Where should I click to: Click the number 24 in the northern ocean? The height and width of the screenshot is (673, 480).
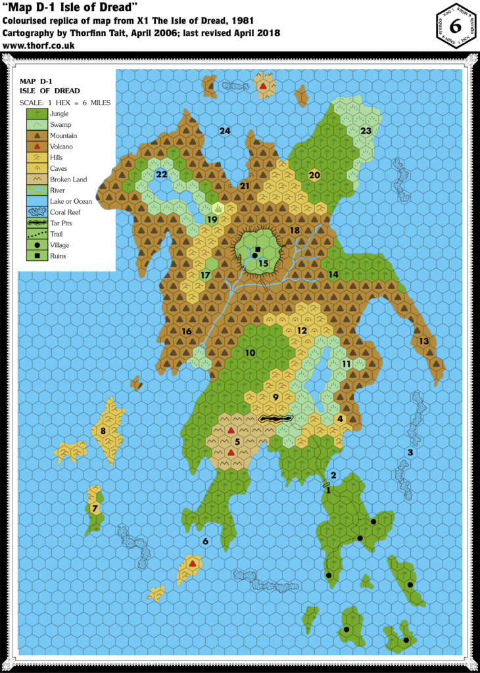tap(225, 131)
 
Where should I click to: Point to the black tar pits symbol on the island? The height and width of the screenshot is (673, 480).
tap(276, 418)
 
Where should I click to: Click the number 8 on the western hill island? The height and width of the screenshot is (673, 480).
tap(103, 431)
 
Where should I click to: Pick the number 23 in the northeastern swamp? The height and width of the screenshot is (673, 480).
tap(366, 131)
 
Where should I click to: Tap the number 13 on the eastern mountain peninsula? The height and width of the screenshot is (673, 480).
tap(424, 341)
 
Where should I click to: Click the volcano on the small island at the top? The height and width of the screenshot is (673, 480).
tap(263, 86)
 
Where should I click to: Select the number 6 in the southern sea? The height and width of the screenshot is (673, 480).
tap(206, 542)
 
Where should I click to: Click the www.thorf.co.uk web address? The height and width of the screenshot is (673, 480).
tap(39, 46)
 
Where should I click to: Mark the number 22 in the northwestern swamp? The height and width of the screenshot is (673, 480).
tap(161, 174)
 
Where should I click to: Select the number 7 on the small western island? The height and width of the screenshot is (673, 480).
tap(95, 509)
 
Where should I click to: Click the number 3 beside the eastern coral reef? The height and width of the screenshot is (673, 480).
tap(410, 452)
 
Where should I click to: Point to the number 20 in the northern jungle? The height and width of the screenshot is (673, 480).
tap(314, 175)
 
